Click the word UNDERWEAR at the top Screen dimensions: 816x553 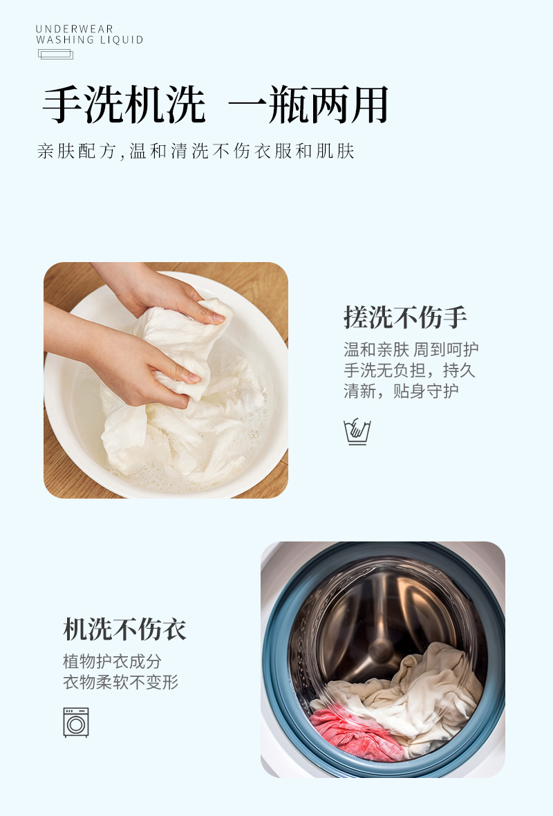74,29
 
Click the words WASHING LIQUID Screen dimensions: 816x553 90,40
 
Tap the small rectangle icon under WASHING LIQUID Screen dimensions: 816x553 56,54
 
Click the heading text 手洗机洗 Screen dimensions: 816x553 124,106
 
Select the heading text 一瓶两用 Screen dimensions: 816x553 308,106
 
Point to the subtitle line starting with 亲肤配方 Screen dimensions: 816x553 196,151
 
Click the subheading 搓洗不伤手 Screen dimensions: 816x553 405,317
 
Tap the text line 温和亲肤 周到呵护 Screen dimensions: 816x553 411,350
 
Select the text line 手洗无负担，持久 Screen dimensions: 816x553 409,371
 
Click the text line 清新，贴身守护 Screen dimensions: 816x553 401,391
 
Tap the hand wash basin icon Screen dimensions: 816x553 357,432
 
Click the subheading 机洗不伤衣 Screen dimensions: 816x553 124,629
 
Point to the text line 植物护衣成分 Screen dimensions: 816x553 112,662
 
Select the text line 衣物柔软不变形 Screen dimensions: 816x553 121,683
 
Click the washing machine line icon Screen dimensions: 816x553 76,722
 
